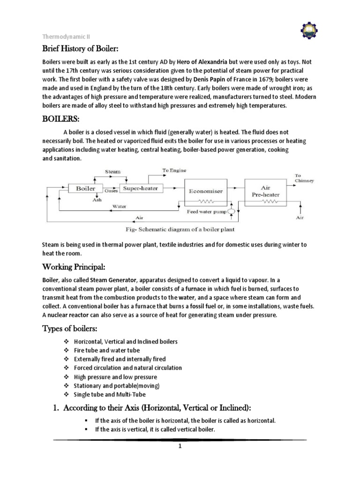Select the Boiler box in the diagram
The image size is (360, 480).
82,188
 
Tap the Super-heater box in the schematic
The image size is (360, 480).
140,188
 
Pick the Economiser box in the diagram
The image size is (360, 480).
205,192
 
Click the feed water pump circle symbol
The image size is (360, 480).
231,212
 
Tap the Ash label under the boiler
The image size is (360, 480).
97,199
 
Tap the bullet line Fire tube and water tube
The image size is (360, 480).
107,350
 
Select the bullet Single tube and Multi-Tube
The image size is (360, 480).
111,395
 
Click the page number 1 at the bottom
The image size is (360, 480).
180,446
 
